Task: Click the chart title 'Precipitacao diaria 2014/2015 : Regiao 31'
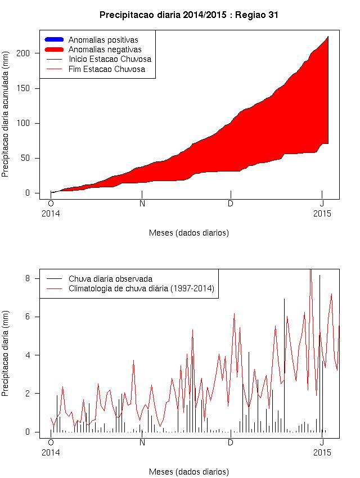click(188, 15)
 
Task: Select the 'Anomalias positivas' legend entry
click(103, 40)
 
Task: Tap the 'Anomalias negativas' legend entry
click(104, 49)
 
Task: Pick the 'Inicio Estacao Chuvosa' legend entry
click(109, 59)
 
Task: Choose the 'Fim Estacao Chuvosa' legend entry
click(106, 69)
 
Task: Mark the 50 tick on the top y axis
click(25, 158)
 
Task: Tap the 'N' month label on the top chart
click(142, 204)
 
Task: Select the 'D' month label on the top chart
click(231, 204)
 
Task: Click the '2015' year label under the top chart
click(322, 214)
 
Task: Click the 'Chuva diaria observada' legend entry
click(110, 279)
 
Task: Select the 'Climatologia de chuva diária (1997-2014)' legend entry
click(141, 289)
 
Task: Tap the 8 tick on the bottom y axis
click(28, 278)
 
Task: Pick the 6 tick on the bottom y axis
click(28, 317)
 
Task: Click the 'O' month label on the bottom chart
click(51, 442)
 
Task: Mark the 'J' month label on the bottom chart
click(322, 442)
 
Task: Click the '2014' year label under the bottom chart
click(51, 452)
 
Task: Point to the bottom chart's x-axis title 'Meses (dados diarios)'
click(188, 471)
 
